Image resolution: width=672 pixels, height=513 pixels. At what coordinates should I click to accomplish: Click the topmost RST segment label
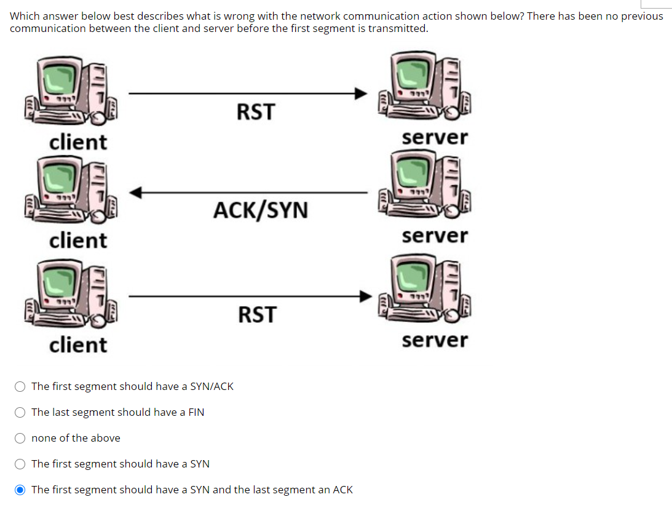(x=256, y=113)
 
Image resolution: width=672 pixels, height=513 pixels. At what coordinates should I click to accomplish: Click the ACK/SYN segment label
(x=261, y=210)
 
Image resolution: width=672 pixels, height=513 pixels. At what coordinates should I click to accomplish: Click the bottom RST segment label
(x=257, y=315)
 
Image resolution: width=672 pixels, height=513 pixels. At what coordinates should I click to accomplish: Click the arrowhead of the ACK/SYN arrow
(x=136, y=193)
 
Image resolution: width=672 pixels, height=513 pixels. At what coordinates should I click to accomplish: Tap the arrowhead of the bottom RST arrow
(x=366, y=296)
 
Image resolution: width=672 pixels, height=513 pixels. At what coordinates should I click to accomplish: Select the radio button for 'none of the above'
(x=20, y=438)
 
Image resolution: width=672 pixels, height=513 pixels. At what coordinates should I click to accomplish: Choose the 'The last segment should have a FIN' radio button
(x=20, y=412)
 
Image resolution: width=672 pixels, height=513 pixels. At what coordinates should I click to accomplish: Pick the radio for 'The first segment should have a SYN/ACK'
(x=20, y=386)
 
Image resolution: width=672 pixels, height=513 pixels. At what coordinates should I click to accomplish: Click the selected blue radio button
(x=20, y=490)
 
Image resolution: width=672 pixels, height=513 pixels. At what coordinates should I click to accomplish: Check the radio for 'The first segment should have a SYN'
(x=20, y=464)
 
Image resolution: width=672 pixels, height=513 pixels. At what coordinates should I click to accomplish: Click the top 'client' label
(x=78, y=142)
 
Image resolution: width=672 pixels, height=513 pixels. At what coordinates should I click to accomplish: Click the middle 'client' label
(x=78, y=240)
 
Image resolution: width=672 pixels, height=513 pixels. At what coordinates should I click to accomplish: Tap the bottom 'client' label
(x=78, y=344)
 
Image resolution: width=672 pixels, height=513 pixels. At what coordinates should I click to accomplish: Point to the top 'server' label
(x=435, y=137)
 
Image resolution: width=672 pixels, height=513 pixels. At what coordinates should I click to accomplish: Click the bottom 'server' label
(x=435, y=340)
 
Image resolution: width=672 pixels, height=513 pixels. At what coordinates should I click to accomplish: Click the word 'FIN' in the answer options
(x=196, y=412)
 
